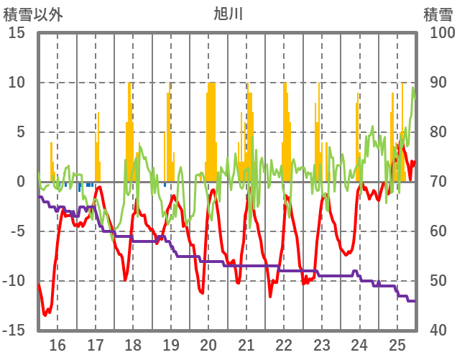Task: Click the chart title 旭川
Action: click(x=228, y=13)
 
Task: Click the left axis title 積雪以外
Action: click(x=34, y=13)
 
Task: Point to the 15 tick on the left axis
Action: click(x=17, y=33)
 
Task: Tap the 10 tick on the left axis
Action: click(x=17, y=83)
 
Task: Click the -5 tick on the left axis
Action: click(x=17, y=231)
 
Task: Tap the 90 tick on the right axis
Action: click(x=438, y=83)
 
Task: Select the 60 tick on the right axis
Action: click(x=438, y=231)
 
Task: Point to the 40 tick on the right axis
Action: click(x=438, y=331)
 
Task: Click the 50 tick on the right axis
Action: click(x=438, y=281)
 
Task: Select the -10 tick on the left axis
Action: click(x=14, y=281)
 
